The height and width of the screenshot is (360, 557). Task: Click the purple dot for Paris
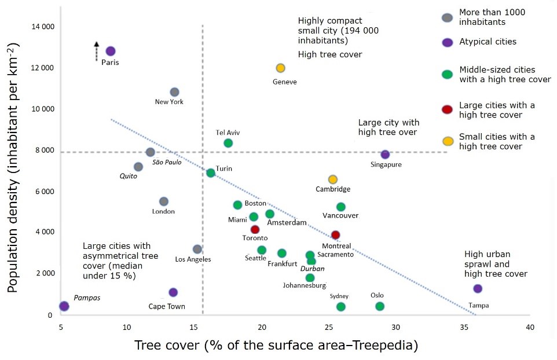coord(111,52)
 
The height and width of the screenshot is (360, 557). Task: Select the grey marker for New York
coord(174,92)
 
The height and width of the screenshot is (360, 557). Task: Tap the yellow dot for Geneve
coord(281,68)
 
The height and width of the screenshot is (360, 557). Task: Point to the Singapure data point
coord(385,155)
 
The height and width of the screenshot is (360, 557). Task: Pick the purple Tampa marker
coord(478,288)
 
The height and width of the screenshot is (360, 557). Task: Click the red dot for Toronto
coord(255,230)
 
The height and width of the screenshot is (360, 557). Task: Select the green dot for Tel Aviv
coord(228,143)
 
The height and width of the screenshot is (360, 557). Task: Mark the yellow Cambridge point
coord(332,179)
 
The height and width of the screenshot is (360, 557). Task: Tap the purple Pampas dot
coord(64,306)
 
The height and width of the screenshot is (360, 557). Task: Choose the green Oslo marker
coord(380,306)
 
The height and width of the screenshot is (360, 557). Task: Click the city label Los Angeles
coord(193,259)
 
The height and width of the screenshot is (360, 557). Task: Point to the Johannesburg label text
coord(305,285)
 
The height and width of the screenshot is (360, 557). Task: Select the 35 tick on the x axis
coord(463,326)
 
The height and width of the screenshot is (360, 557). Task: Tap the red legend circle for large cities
coord(447,110)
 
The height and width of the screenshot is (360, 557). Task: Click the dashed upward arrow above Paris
coord(97,50)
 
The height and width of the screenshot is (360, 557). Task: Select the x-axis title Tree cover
coord(276,346)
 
